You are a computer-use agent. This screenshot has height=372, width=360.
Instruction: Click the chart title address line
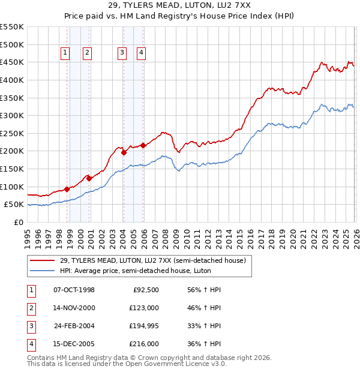(179, 5)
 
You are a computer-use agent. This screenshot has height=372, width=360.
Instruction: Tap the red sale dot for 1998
(67, 189)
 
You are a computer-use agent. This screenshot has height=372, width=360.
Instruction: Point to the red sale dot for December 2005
(143, 145)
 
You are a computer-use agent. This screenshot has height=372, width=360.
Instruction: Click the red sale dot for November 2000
(89, 178)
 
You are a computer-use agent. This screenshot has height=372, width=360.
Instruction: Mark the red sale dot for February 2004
(124, 152)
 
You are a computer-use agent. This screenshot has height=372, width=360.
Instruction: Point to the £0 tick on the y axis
(19, 222)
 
